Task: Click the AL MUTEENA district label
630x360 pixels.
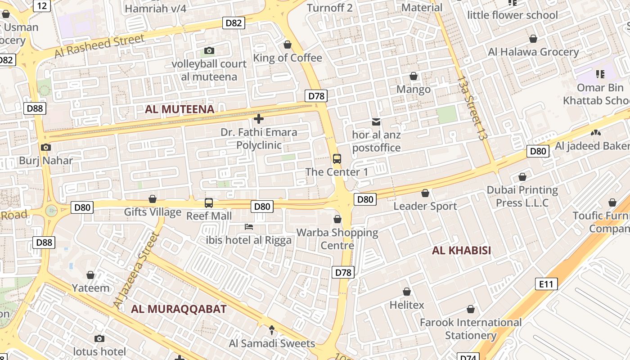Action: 180,109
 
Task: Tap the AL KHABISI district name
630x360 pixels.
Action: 461,251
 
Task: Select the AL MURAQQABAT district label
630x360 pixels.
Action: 179,309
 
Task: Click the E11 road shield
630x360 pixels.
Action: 546,284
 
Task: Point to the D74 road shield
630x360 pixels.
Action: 468,357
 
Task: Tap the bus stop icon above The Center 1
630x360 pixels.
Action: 337,158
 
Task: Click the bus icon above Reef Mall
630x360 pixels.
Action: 208,202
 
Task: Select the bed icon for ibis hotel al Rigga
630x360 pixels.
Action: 248,226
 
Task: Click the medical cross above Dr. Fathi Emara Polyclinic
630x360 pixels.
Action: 258,119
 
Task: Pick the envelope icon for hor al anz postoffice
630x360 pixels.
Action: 376,121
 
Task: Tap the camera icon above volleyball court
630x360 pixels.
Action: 209,50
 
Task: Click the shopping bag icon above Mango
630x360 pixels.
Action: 413,76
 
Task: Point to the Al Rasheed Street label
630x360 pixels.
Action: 99,45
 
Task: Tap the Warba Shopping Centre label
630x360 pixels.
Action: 337,239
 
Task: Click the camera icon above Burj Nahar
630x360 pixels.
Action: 45,147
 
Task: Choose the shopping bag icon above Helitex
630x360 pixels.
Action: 406,292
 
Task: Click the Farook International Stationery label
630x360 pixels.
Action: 470,329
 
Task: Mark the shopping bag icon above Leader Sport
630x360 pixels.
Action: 425,193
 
